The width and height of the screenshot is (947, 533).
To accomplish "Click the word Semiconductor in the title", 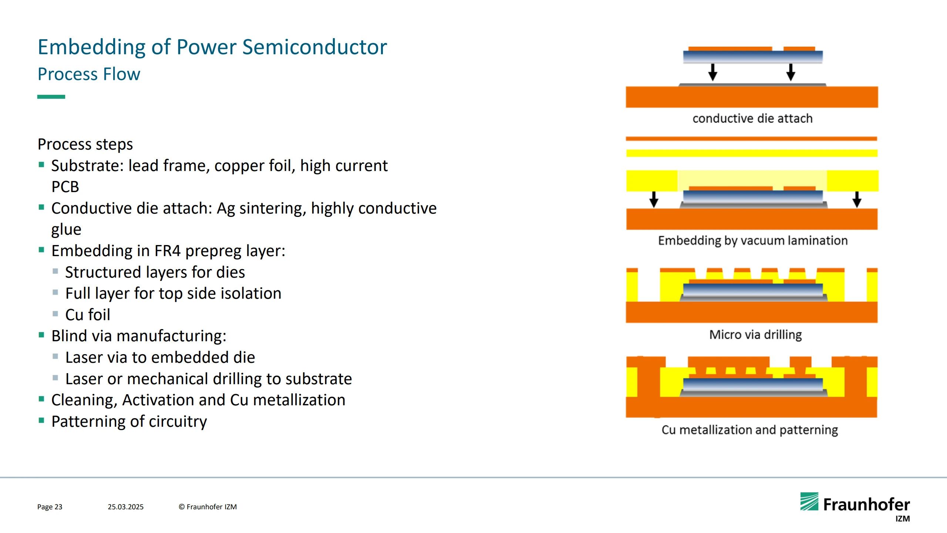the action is tap(314, 47).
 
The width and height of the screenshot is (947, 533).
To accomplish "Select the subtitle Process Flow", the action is tap(89, 74).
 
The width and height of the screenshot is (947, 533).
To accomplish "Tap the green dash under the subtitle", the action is tap(51, 97).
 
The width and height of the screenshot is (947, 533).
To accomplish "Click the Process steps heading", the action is tap(85, 144).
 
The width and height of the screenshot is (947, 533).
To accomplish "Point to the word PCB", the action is tap(65, 187).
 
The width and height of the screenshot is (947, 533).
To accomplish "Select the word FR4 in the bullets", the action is tap(168, 251).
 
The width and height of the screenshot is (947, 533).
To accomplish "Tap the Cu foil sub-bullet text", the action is tap(88, 315).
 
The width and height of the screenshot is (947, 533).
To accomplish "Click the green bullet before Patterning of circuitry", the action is tap(41, 420).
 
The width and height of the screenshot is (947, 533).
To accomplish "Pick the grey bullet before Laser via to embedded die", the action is tap(55, 356).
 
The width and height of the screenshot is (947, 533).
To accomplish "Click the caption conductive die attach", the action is tap(752, 118).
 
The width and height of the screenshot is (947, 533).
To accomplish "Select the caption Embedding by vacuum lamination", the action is tap(753, 241).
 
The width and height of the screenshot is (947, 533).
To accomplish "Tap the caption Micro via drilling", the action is tap(755, 335).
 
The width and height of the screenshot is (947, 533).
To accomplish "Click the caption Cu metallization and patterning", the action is tap(750, 430).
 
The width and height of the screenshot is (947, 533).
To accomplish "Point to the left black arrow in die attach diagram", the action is tap(713, 72).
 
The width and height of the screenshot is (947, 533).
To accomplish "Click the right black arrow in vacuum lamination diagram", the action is tap(857, 199).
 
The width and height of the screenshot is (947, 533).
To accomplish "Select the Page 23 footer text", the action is tap(50, 507).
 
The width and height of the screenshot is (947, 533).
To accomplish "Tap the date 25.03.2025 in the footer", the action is tap(125, 507).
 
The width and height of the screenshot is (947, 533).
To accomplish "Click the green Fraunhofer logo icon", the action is tap(809, 502).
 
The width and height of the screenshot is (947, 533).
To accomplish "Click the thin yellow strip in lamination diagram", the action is tap(752, 153).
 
